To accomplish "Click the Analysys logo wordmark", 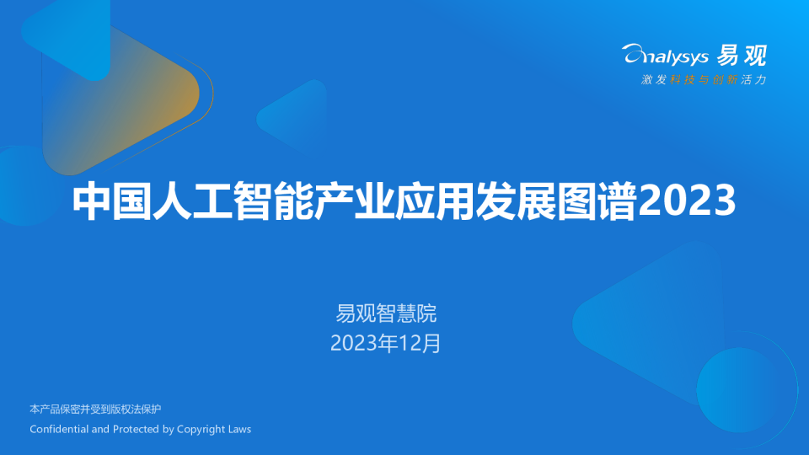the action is tap(666, 55).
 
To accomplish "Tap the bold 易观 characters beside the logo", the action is tap(742, 56).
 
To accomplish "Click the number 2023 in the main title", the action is tap(687, 201).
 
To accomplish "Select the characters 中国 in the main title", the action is tap(112, 201).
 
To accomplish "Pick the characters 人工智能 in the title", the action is tap(233, 201).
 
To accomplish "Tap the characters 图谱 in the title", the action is tap(597, 201).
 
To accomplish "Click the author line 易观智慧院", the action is tap(386, 313).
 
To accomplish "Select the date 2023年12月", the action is tap(385, 344).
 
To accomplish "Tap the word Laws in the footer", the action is tap(240, 429).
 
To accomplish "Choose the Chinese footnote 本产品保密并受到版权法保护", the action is tap(95, 409).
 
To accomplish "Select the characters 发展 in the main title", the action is tap(516, 201).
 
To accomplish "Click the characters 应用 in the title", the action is tap(435, 201).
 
